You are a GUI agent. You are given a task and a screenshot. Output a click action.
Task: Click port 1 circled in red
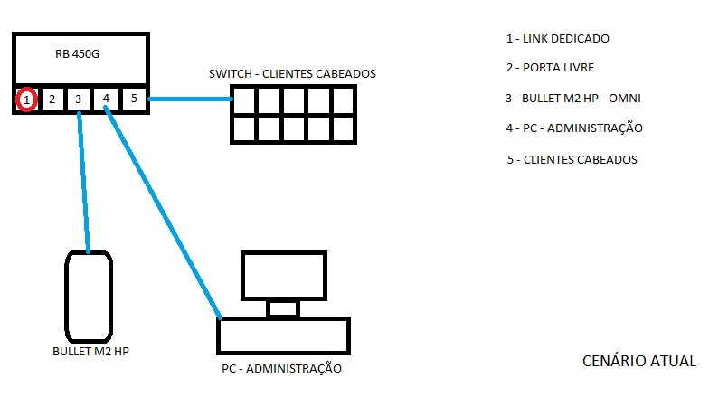[28, 99]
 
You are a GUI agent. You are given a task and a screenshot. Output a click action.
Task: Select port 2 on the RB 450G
[52, 99]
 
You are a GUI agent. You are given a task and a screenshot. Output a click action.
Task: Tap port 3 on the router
[79, 99]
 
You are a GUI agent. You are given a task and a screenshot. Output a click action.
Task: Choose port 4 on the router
[107, 99]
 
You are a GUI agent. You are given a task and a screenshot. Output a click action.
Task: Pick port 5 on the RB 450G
[133, 99]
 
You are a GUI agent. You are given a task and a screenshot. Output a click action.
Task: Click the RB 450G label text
[78, 55]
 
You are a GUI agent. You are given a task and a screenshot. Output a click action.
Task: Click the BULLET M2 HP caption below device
[90, 350]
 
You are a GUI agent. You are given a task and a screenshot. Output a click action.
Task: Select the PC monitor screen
[284, 276]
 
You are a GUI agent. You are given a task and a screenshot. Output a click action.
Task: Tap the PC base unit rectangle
[283, 336]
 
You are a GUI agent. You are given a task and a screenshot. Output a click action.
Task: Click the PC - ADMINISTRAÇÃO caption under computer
[281, 369]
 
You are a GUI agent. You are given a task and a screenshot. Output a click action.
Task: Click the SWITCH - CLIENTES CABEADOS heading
[291, 73]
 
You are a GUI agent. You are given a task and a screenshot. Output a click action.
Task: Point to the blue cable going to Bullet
[84, 181]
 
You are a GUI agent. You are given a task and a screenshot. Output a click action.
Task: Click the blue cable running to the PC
[163, 208]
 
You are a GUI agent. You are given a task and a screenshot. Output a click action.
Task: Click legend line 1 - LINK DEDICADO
[558, 39]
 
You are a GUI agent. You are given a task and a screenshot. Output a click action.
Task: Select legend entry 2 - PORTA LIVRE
[550, 68]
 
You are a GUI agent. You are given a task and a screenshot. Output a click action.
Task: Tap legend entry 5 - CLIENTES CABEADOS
[572, 160]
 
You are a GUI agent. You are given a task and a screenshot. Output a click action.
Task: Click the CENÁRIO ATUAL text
[638, 362]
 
